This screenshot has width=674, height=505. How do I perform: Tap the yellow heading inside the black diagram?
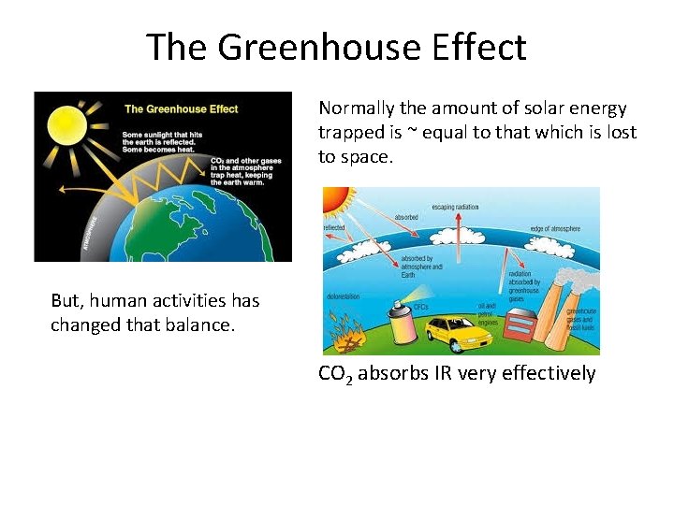tap(182, 108)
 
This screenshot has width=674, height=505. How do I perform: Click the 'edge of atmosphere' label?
tap(554, 229)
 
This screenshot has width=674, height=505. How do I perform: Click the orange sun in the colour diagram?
tap(334, 198)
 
